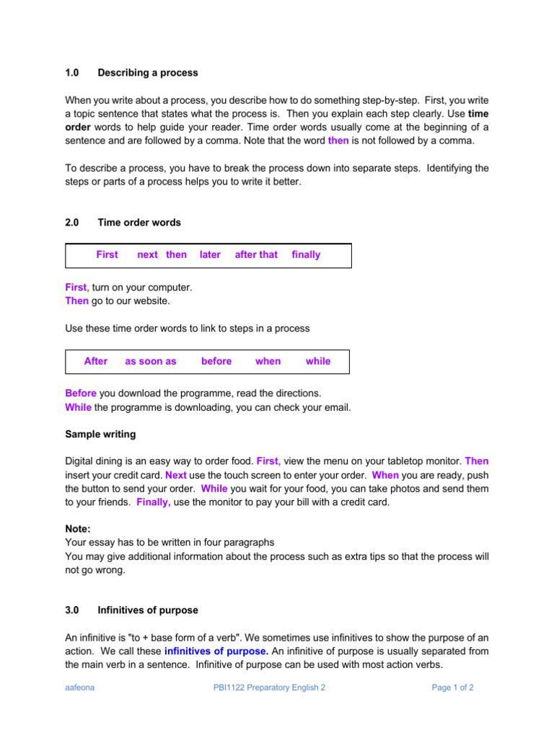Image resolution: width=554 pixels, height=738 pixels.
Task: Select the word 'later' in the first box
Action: (210, 254)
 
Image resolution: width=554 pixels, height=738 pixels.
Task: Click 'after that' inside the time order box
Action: (256, 254)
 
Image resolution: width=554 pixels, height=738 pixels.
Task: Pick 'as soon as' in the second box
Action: (151, 361)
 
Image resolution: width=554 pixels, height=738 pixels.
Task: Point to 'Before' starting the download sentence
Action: (81, 394)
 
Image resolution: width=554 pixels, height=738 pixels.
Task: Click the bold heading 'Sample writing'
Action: (100, 435)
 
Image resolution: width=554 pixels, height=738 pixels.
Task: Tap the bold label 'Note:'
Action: (78, 529)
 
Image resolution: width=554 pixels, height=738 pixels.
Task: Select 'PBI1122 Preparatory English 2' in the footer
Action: (269, 688)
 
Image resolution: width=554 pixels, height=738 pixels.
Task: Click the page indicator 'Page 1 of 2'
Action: (452, 688)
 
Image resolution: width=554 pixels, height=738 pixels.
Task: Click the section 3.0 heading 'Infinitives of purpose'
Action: (148, 610)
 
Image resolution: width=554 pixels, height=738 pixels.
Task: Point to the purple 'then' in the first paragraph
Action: (338, 141)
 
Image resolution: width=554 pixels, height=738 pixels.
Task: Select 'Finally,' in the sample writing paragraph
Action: (153, 502)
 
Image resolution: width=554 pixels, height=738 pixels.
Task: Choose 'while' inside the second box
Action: (318, 361)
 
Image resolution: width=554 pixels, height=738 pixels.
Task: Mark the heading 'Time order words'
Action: (139, 223)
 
